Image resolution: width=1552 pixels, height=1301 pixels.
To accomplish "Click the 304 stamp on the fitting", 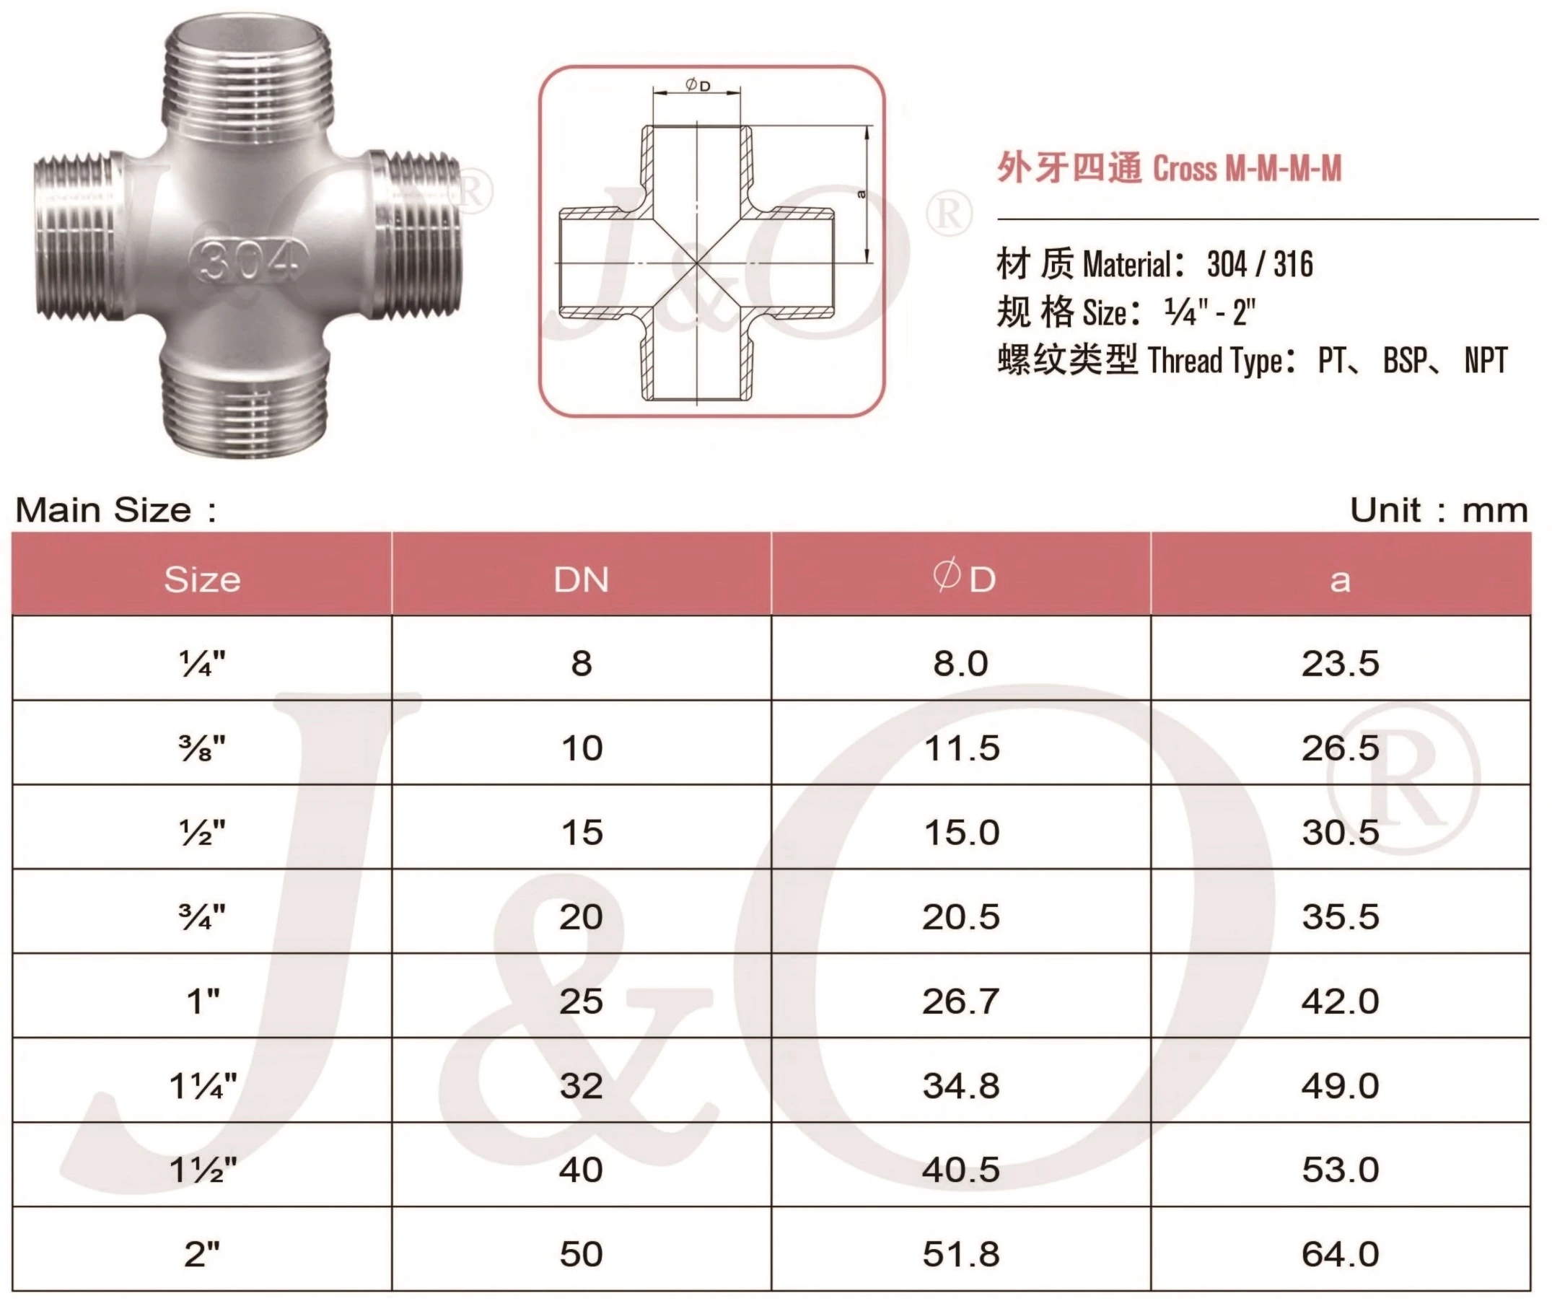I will pos(248,260).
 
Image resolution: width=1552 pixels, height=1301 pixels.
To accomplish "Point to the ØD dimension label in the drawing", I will pos(698,85).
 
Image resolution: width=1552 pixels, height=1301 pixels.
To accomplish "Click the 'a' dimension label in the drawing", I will pos(861,194).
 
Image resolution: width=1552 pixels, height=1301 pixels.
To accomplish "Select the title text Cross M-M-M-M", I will pos(1246,169).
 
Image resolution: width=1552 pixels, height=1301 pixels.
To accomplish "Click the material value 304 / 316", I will pos(1260,265).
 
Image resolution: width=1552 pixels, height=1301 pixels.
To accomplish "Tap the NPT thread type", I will pos(1486,361).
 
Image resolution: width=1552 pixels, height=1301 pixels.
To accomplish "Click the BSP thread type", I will pos(1403,361).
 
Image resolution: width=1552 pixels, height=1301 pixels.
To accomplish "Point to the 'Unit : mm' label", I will pos(1438,510).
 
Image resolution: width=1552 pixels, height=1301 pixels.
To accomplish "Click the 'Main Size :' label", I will pos(117,510).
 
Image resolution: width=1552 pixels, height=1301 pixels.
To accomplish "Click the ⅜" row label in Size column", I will pos(202,748).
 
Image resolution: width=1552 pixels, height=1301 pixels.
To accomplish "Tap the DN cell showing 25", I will pos(581,1002).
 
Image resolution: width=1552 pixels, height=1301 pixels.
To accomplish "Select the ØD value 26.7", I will pos(961,1002).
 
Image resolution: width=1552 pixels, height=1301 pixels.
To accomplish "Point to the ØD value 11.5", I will pos(961,748).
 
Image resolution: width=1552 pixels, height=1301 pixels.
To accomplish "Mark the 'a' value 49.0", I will pos(1340,1086).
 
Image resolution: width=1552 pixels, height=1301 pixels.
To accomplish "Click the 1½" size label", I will pos(203,1170).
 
